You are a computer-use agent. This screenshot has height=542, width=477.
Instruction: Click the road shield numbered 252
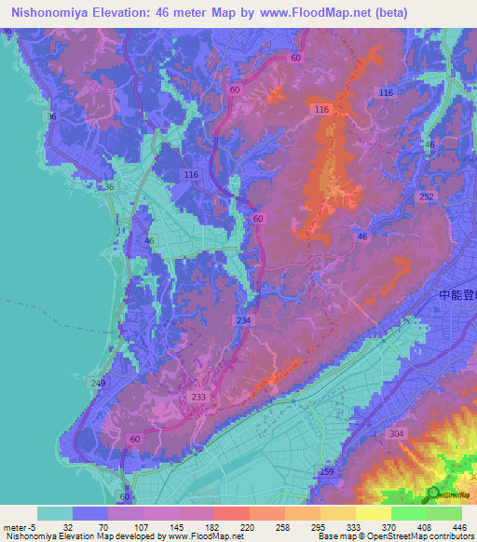pyautogui.click(x=427, y=196)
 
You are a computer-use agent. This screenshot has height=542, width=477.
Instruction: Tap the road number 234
pyautogui.click(x=243, y=320)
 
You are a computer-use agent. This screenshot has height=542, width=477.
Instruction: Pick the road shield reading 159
pyautogui.click(x=327, y=472)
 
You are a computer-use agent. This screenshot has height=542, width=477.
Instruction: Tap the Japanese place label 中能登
pyautogui.click(x=457, y=295)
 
